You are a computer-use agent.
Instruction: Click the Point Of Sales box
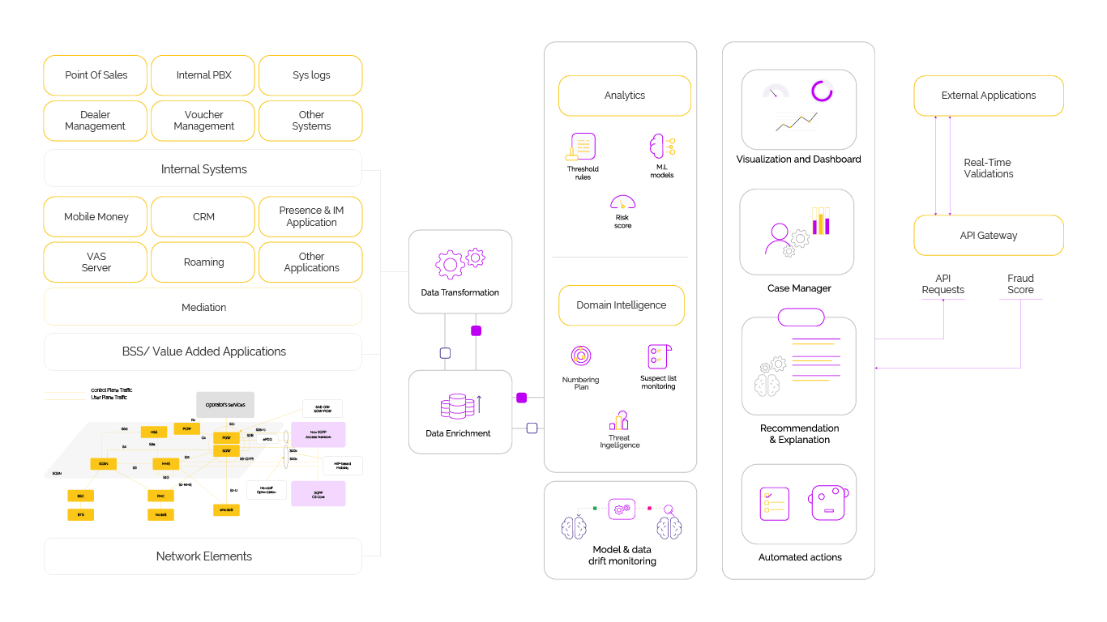96,75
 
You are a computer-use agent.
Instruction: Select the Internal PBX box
203,75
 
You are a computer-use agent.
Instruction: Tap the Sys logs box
310,75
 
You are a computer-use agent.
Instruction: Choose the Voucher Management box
203,121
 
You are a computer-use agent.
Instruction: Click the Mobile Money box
96,217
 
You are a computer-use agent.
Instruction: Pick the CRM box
203,217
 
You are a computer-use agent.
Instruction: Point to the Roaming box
203,262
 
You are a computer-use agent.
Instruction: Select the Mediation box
203,308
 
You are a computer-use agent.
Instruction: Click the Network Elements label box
203,556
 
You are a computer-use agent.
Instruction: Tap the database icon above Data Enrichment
457,406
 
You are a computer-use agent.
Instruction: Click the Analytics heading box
624,96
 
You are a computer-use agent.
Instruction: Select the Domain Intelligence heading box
621,305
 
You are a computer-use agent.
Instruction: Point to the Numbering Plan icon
580,356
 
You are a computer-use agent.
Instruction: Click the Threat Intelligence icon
620,420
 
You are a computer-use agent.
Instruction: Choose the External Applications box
988,96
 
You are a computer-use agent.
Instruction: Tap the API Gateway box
988,236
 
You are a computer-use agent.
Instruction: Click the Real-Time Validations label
988,168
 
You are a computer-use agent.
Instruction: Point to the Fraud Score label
1020,283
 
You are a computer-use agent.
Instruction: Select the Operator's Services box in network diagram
225,404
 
